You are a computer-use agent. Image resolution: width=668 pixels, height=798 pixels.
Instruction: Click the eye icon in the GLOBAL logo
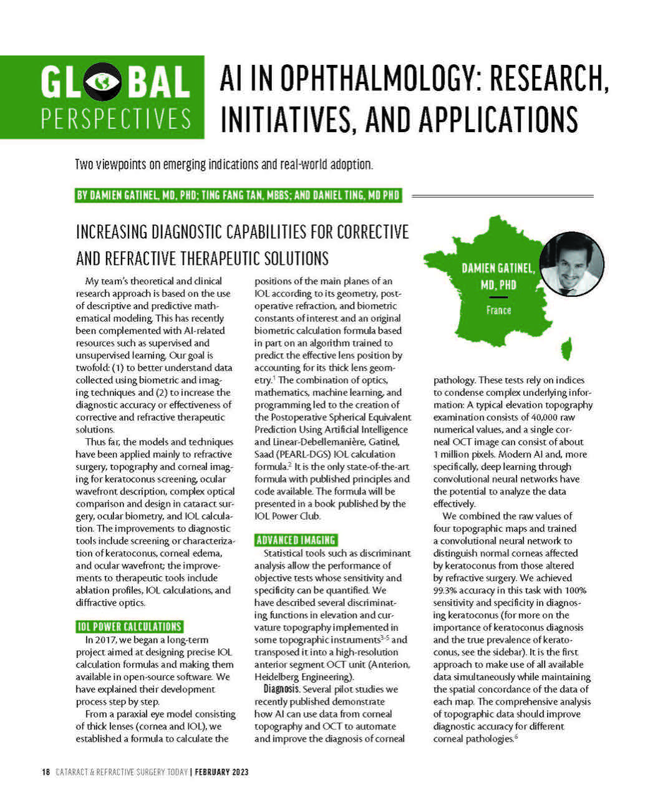click(103, 82)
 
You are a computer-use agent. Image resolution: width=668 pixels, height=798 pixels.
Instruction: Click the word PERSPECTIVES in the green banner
click(116, 118)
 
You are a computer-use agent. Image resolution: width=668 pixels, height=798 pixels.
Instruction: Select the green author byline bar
click(238, 195)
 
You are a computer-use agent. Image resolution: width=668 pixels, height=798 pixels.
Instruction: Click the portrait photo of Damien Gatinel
click(571, 264)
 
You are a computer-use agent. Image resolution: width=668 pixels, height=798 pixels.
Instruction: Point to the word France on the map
click(498, 310)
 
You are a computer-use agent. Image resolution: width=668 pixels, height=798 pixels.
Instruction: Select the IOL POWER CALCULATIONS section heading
click(130, 627)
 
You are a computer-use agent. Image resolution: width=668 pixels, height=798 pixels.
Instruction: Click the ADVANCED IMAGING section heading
click(296, 540)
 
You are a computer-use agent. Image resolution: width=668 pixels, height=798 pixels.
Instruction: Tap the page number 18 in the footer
click(46, 772)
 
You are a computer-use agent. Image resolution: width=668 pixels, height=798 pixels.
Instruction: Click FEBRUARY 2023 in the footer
click(221, 772)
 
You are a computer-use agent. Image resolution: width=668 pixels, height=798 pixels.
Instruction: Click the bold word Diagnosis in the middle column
click(281, 689)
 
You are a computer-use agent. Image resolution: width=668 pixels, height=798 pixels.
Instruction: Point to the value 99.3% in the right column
click(445, 590)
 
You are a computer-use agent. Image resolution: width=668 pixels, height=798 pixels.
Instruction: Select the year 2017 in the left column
click(108, 640)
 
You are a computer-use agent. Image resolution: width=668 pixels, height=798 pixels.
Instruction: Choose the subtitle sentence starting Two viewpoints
click(224, 165)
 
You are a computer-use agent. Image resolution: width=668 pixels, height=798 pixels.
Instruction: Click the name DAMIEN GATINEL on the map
click(498, 268)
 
